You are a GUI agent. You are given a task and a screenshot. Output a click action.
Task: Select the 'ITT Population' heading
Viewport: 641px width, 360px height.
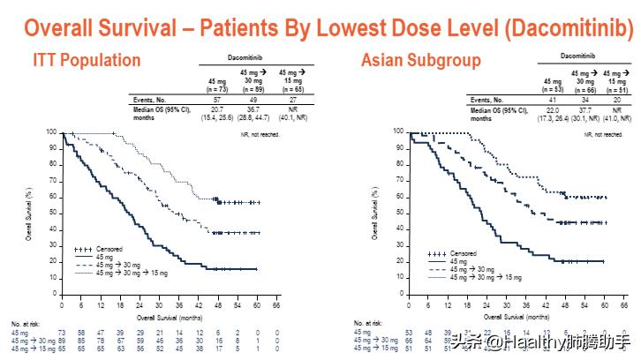87,61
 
